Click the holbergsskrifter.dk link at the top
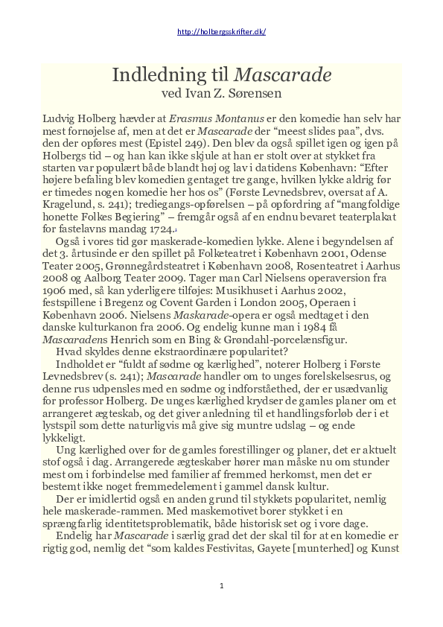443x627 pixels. click(221, 32)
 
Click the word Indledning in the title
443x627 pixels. click(149, 74)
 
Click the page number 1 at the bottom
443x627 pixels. click(221, 586)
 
